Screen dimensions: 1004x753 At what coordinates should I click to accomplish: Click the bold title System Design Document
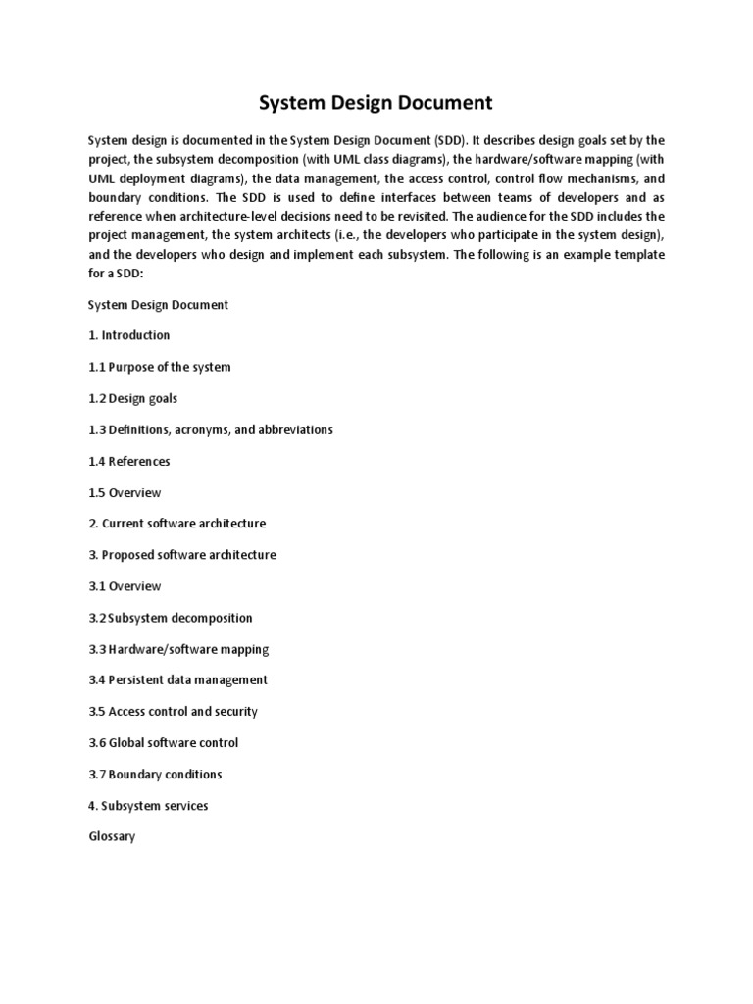click(376, 103)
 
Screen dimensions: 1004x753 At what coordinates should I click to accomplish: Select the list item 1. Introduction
click(128, 335)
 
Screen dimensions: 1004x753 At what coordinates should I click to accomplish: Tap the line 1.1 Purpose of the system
click(160, 367)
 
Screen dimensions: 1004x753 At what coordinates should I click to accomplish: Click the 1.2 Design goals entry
click(133, 398)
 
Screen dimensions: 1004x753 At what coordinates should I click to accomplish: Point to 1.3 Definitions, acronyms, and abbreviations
click(211, 429)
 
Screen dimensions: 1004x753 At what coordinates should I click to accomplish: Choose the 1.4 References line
click(129, 461)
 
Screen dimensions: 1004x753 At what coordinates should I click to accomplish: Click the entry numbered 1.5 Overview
click(125, 492)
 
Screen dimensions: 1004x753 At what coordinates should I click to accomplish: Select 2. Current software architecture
click(176, 524)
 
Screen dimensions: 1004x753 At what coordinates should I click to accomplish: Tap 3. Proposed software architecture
click(182, 555)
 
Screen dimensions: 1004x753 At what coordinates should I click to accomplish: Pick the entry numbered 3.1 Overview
click(125, 586)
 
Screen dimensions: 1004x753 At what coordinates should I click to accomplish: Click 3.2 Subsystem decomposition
click(171, 618)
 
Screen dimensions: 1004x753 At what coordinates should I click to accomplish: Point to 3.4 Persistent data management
click(177, 679)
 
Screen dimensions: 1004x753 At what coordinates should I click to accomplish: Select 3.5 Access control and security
click(173, 711)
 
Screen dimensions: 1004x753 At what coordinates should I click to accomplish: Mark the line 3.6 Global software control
click(164, 742)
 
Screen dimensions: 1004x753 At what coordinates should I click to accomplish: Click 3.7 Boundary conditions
click(155, 774)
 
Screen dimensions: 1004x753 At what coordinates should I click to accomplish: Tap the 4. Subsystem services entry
click(148, 805)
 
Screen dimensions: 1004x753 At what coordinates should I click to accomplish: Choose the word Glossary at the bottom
click(112, 836)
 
